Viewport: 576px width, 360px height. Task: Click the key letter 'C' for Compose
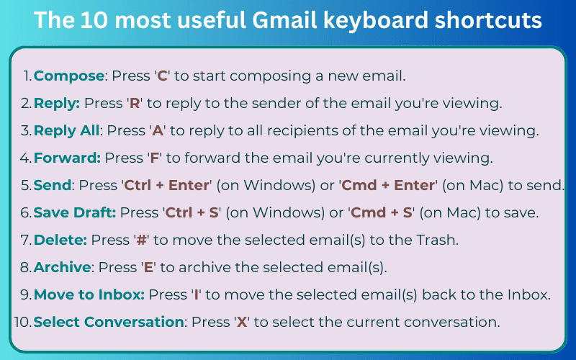click(162, 76)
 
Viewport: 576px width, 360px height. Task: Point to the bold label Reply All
click(66, 130)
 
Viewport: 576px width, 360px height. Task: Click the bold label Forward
click(68, 158)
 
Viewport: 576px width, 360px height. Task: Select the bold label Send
click(53, 185)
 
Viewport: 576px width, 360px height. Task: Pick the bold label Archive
click(63, 267)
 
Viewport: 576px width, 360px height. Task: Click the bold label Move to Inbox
click(90, 294)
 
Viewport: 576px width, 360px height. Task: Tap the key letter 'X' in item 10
click(243, 321)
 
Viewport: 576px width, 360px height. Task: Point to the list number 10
click(22, 321)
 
